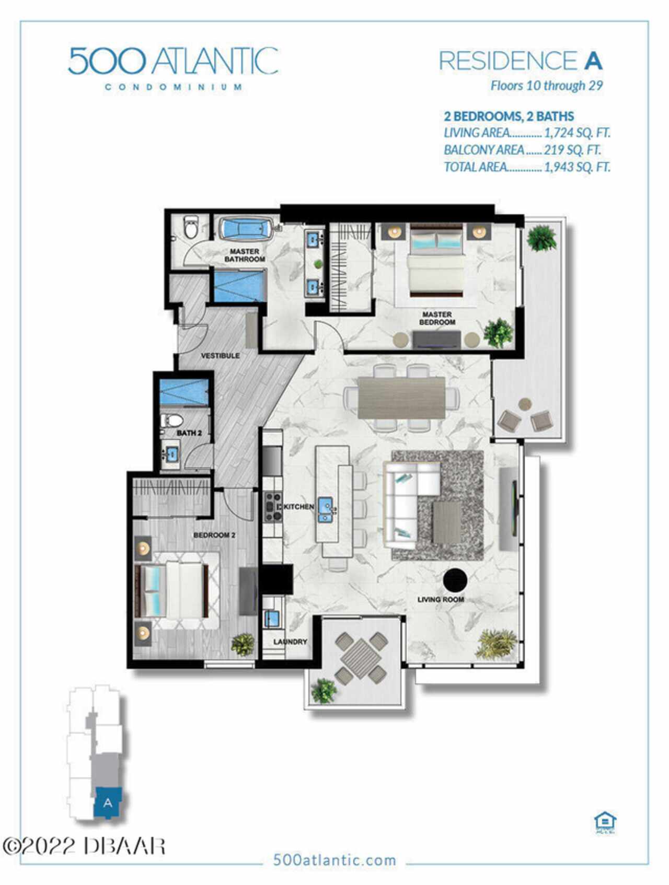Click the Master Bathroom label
pyautogui.click(x=245, y=255)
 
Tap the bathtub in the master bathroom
pyautogui.click(x=245, y=229)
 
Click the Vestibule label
pyautogui.click(x=221, y=356)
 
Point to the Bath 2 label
pyautogui.click(x=189, y=433)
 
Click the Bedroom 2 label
pyautogui.click(x=214, y=535)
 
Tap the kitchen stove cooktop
pyautogui.click(x=272, y=506)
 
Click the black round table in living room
pyautogui.click(x=455, y=579)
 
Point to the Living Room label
pyautogui.click(x=441, y=599)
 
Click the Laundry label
pyautogui.click(x=290, y=642)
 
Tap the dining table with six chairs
pyautogui.click(x=401, y=398)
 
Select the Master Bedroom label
pyautogui.click(x=437, y=318)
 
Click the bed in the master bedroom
pyautogui.click(x=437, y=260)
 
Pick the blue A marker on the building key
pyautogui.click(x=108, y=803)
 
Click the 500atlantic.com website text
pyautogui.click(x=334, y=860)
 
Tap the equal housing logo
pyautogui.click(x=605, y=823)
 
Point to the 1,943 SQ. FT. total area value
pyautogui.click(x=577, y=167)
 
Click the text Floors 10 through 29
pyautogui.click(x=547, y=86)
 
